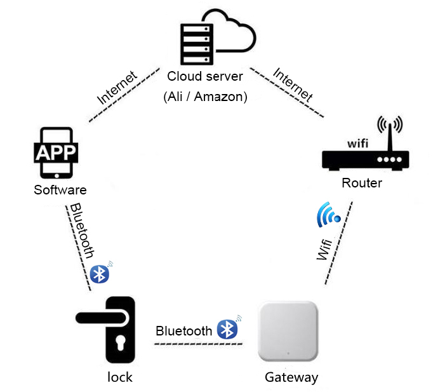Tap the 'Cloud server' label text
pyautogui.click(x=204, y=77)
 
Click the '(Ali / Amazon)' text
pyautogui.click(x=204, y=97)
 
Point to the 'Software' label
pyautogui.click(x=60, y=190)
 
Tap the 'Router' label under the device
pyautogui.click(x=362, y=183)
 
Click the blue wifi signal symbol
pyautogui.click(x=329, y=215)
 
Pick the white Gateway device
pyautogui.click(x=288, y=332)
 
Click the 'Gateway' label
pyautogui.click(x=291, y=377)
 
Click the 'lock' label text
pyautogui.click(x=119, y=377)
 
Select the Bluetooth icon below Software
pyautogui.click(x=99, y=273)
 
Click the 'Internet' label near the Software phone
pyautogui.click(x=117, y=88)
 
